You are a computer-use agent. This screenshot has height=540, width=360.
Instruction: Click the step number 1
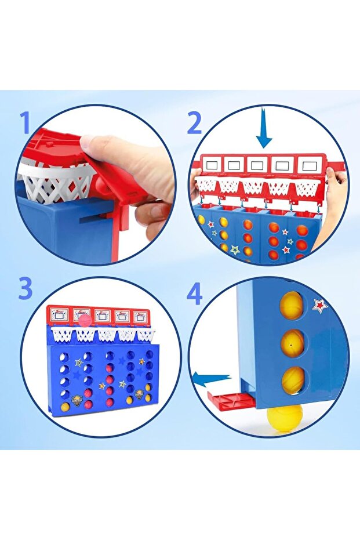[25, 122]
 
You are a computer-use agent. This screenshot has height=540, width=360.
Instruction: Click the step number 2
[194, 123]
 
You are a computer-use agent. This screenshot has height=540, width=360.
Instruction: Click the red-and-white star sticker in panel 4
[320, 306]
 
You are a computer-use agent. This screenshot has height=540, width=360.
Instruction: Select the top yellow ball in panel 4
[292, 305]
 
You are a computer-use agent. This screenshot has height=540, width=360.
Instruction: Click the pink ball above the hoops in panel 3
[85, 321]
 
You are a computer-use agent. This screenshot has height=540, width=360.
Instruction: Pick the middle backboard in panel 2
[257, 165]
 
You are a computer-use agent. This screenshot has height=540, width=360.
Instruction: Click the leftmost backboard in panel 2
[212, 165]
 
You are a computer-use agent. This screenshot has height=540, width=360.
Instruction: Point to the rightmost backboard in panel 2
[308, 166]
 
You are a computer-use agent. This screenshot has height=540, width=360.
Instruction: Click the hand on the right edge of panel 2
[335, 196]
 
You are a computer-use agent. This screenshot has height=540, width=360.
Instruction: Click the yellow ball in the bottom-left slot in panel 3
[65, 407]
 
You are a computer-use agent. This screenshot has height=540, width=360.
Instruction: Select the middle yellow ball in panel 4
[292, 342]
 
